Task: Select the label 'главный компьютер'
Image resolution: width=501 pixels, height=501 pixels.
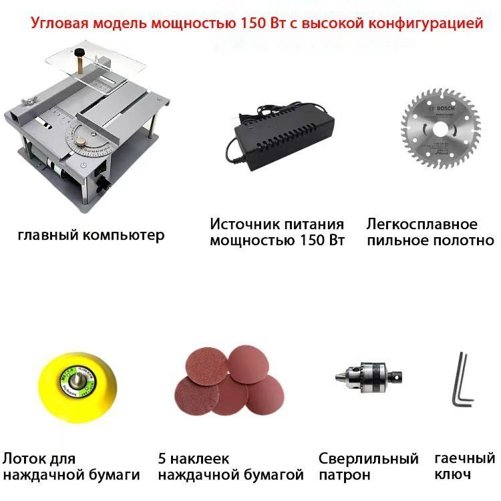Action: [91, 235]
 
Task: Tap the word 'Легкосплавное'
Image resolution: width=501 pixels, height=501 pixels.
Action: [422, 224]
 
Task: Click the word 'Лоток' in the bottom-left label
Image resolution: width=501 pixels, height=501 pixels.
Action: [21, 460]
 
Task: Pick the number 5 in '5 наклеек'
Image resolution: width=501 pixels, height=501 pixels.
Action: [163, 460]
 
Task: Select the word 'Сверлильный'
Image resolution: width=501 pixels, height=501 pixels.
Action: [368, 460]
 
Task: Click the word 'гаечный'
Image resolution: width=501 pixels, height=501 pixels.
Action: [464, 459]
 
